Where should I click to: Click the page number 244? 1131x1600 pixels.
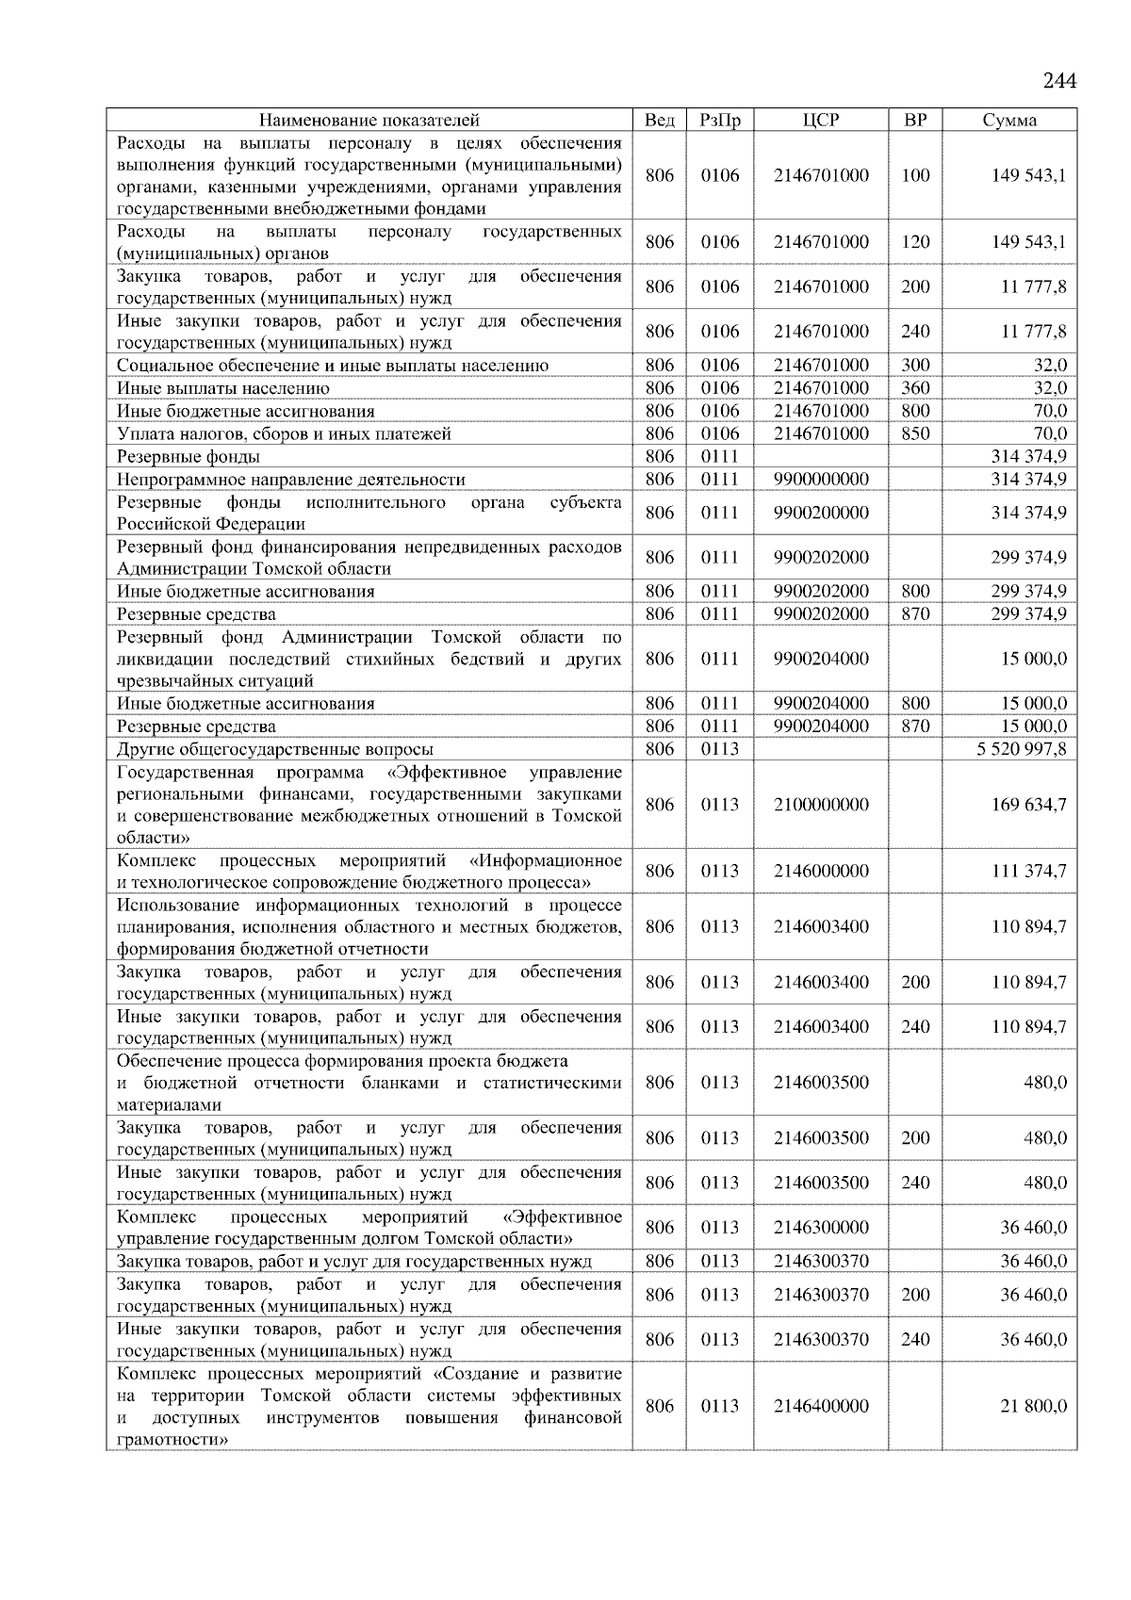click(1059, 80)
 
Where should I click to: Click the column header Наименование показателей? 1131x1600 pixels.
click(369, 120)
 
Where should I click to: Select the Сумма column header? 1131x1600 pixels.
click(1009, 120)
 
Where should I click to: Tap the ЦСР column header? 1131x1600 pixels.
click(821, 120)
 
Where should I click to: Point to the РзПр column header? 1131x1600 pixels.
click(720, 120)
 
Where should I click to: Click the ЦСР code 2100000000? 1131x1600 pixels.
click(821, 805)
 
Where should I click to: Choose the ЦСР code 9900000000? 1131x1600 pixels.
click(821, 479)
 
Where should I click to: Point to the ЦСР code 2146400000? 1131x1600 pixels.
click(821, 1406)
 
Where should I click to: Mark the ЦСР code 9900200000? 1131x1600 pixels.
click(821, 513)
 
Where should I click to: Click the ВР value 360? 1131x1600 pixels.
click(915, 388)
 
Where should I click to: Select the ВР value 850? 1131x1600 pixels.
click(915, 433)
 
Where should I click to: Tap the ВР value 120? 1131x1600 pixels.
click(915, 242)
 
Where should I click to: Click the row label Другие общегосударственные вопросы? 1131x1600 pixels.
click(275, 750)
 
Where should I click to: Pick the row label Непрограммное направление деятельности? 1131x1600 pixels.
click(291, 480)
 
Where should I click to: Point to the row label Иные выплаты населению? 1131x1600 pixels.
click(223, 388)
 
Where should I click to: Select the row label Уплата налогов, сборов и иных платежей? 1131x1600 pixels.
click(284, 434)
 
